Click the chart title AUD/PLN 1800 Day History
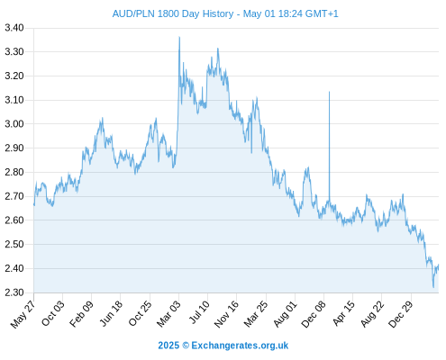tap(173, 13)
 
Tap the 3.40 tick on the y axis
tap(14, 28)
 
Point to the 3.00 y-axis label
tap(14, 124)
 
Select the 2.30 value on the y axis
tap(14, 292)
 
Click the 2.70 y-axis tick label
tap(14, 196)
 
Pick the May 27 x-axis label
tap(23, 314)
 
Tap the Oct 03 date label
tap(53, 313)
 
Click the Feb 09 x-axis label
tap(81, 313)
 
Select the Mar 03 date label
tap(168, 313)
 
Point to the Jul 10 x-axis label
tap(199, 312)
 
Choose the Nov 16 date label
tap(226, 314)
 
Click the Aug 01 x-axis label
tap(286, 314)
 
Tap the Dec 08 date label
tap(314, 314)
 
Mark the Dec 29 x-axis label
tap(401, 314)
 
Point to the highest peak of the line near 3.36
tap(179, 37)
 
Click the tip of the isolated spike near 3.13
tap(329, 92)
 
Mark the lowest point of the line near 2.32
tap(433, 287)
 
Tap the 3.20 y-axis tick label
tap(14, 76)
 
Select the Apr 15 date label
tap(344, 313)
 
